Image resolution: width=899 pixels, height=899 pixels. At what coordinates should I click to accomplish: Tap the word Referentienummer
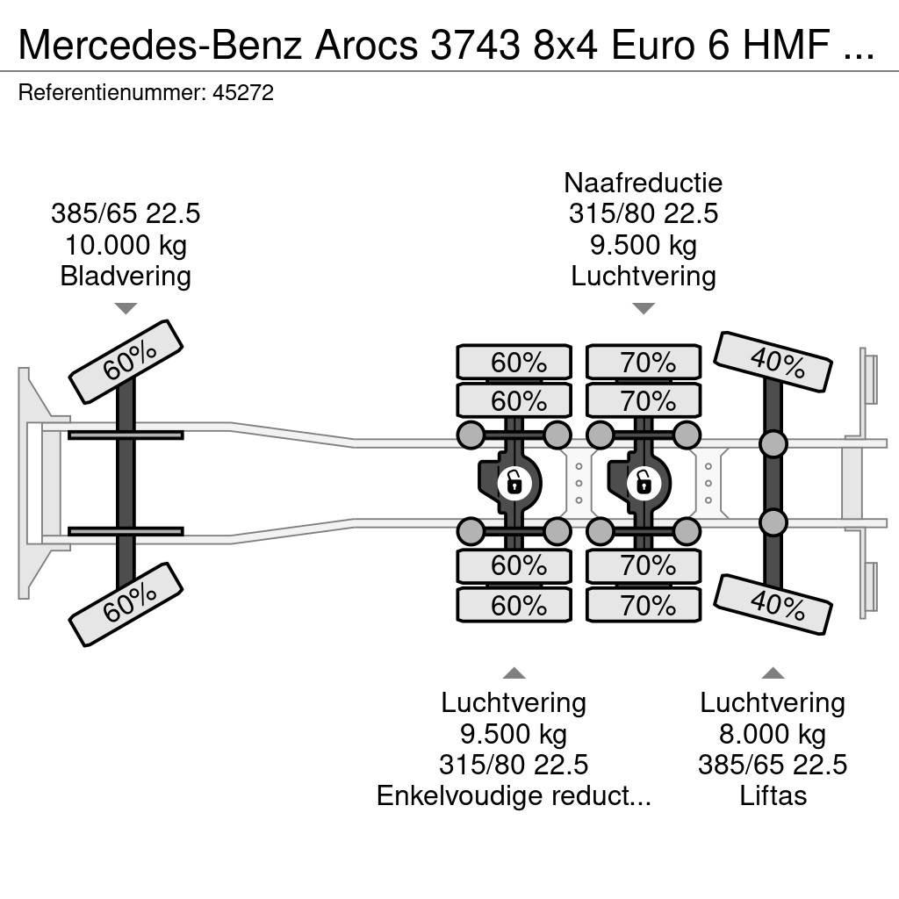(x=109, y=93)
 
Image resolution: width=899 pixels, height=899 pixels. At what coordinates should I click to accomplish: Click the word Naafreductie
(x=644, y=183)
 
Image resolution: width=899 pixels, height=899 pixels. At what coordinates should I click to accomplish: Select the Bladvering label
(x=126, y=277)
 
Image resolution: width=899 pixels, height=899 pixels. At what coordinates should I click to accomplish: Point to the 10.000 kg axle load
(x=126, y=245)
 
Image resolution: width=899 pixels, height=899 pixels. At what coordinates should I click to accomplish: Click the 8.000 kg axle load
(x=773, y=734)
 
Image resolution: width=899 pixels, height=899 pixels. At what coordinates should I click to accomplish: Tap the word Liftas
(x=773, y=796)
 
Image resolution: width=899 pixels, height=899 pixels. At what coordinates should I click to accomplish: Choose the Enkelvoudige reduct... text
(x=514, y=796)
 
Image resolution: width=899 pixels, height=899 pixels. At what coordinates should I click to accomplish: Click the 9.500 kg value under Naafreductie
(x=644, y=245)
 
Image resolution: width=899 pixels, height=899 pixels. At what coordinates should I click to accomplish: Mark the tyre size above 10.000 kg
(x=126, y=213)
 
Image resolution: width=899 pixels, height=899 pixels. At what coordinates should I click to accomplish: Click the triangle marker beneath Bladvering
(x=126, y=308)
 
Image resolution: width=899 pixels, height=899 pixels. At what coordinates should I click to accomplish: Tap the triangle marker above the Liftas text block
(x=773, y=673)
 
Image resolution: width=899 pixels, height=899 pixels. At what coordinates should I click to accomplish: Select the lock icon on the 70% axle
(x=644, y=482)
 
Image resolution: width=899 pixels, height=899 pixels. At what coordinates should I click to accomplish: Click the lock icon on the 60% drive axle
(x=514, y=482)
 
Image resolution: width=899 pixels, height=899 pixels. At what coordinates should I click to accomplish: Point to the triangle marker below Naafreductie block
(x=644, y=308)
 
